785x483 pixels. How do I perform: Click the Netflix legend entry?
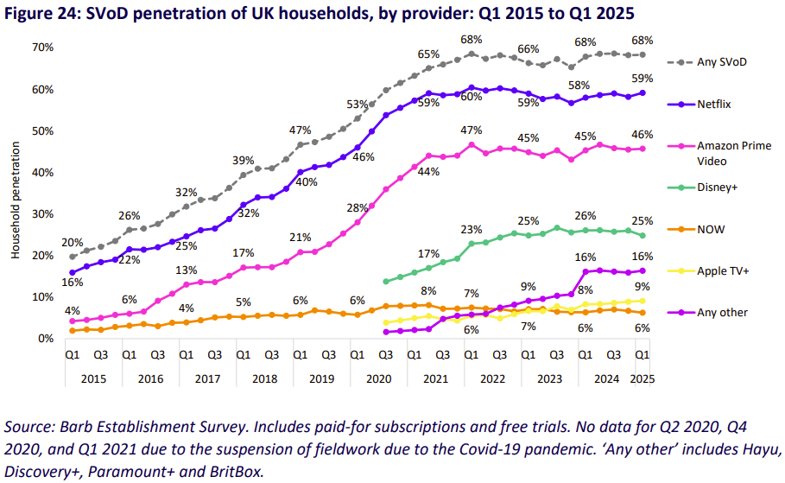click(712, 104)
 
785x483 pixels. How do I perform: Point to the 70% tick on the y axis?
click(43, 48)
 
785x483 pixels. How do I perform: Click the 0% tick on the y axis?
click(47, 339)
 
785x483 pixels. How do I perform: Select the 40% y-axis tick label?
click(43, 173)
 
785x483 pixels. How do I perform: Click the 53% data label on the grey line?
click(358, 105)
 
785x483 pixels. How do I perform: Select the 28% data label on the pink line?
click(358, 208)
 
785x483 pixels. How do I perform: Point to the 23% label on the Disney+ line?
click(472, 230)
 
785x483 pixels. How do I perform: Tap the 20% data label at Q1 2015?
click(72, 243)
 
